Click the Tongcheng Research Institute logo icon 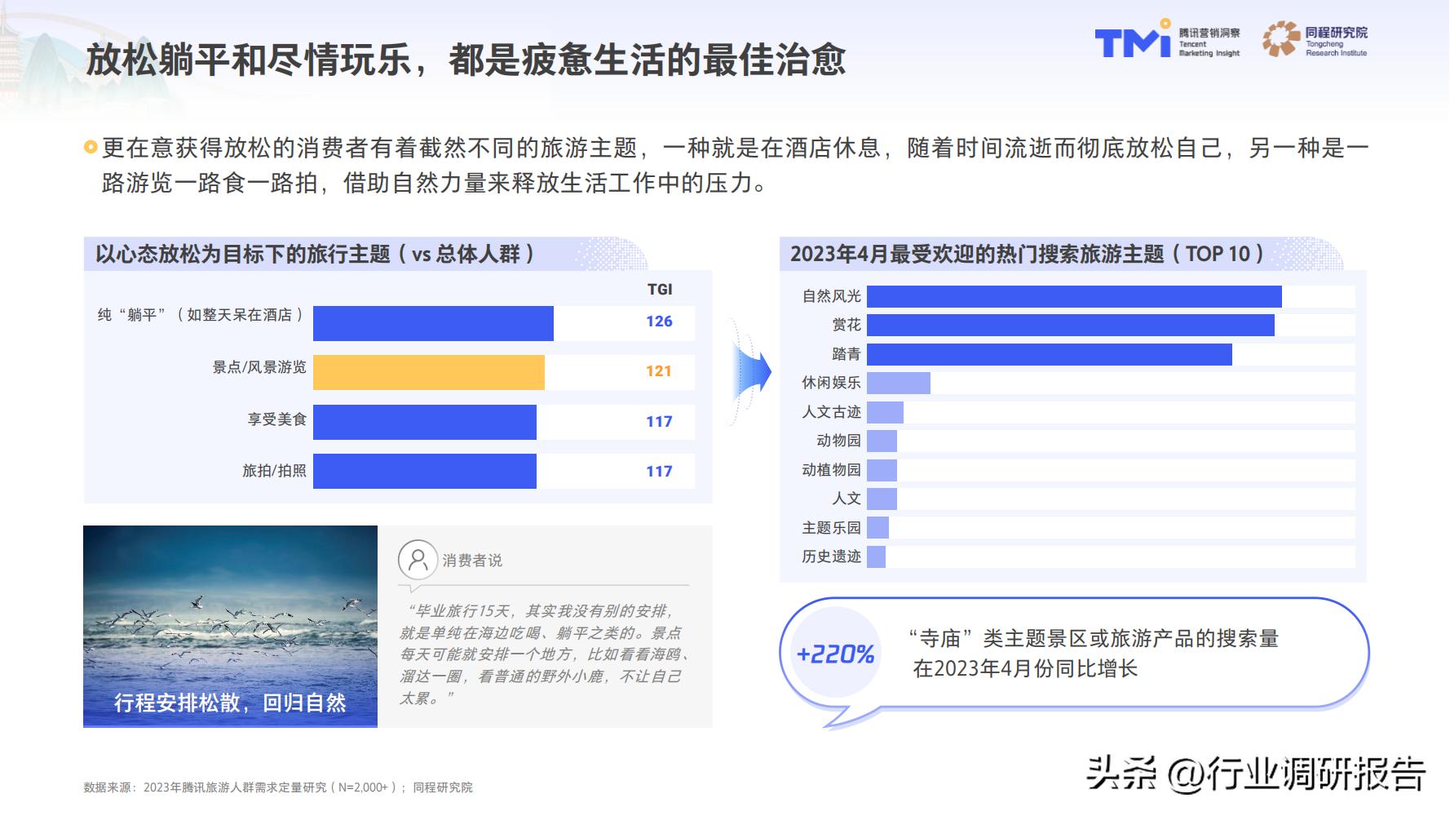[1281, 38]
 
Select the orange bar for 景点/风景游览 [428, 372]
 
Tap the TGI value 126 [659, 322]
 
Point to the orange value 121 [658, 371]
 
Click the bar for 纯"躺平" [433, 323]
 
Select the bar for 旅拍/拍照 [424, 471]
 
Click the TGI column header [660, 289]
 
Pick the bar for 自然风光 [1073, 296]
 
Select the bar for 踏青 [1049, 354]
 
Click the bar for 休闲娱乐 [898, 383]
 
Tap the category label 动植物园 [831, 470]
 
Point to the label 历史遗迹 [831, 557]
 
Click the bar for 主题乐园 [878, 528]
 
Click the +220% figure [835, 654]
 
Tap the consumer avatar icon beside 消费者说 [417, 560]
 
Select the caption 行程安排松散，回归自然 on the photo [230, 703]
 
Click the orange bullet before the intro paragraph [91, 148]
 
